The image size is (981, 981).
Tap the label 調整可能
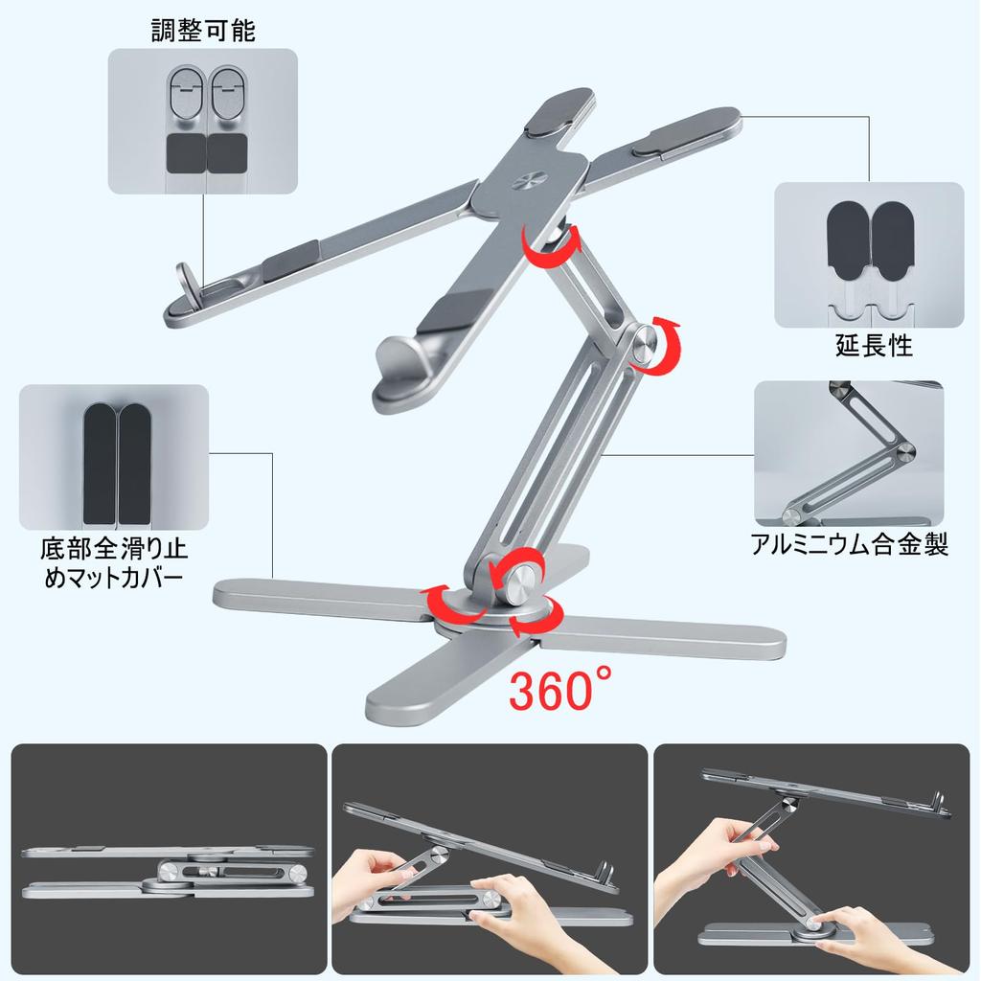[203, 31]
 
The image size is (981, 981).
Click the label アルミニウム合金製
[849, 545]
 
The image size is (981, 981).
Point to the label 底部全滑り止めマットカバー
[114, 564]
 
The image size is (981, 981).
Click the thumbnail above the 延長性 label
[869, 255]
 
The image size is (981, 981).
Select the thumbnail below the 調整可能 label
[202, 121]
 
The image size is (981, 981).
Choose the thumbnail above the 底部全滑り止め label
[114, 457]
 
